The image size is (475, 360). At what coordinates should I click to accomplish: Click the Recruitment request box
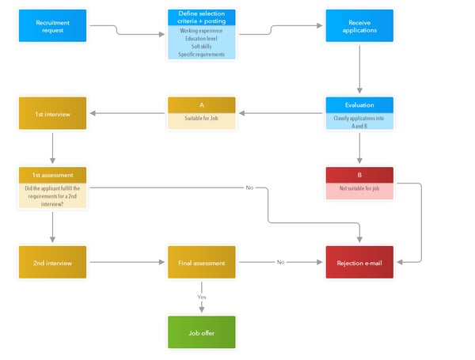tap(52, 26)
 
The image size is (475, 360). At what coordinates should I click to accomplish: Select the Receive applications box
tap(359, 26)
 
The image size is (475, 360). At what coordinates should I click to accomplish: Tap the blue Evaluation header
tap(359, 104)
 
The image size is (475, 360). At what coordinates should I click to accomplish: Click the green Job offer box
tap(201, 332)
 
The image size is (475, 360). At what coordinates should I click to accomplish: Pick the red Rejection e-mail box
tap(359, 263)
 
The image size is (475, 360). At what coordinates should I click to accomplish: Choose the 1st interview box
tap(52, 113)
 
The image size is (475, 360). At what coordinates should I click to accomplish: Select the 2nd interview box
tap(52, 263)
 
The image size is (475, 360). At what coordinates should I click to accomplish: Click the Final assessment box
tap(201, 263)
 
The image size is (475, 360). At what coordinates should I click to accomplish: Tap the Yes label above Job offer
tap(201, 297)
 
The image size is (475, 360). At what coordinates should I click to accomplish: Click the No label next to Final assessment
tap(279, 262)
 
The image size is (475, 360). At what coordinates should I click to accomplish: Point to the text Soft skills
tap(201, 47)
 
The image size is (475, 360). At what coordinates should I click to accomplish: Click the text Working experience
tap(201, 30)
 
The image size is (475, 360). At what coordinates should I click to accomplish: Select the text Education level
tap(201, 38)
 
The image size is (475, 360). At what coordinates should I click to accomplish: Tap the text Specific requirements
tap(201, 55)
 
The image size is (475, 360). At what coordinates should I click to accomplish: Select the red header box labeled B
tap(359, 175)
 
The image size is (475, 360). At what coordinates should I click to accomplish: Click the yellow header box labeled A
tap(201, 104)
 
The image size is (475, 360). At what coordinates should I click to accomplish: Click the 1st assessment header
tap(52, 175)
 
